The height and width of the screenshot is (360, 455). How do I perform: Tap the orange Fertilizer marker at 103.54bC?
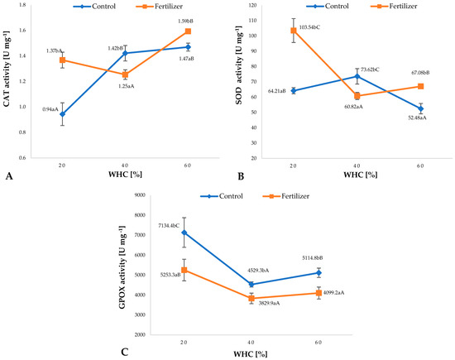pyautogui.click(x=294, y=31)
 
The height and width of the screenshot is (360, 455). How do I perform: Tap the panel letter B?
pyautogui.click(x=239, y=176)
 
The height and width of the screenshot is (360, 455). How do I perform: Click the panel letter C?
pyautogui.click(x=123, y=352)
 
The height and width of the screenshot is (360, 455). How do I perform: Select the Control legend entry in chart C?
pyautogui.click(x=230, y=195)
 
